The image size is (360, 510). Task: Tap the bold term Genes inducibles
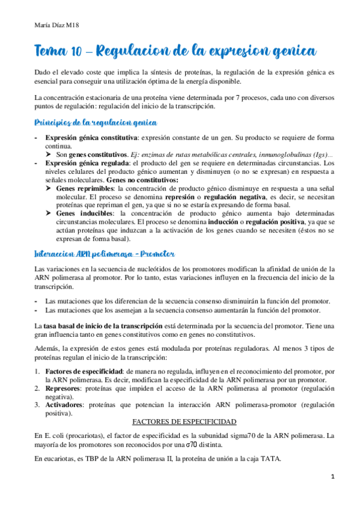pos(84,213)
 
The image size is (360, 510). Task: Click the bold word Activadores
pos(65,406)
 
